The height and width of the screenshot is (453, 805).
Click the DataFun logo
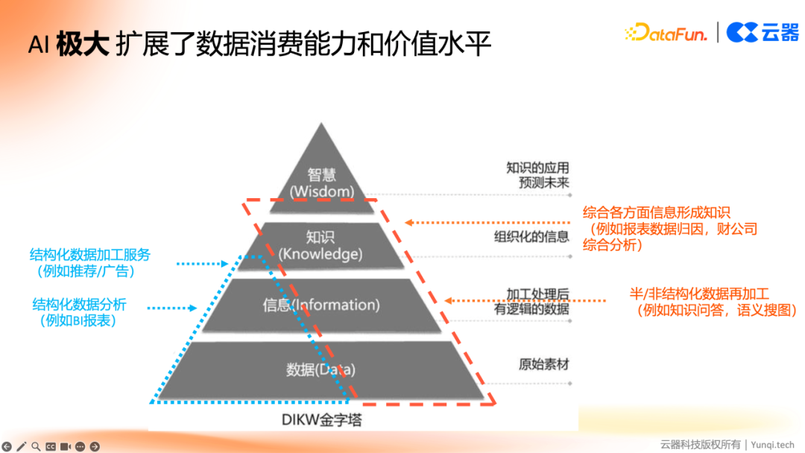pos(666,32)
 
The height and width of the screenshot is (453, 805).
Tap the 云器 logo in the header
pos(762,32)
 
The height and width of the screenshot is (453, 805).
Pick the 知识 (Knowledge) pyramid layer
pos(321,245)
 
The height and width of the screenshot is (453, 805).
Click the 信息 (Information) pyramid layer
pos(321,305)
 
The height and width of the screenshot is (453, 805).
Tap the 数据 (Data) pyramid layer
pos(321,370)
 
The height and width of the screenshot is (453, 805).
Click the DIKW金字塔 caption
pos(322,420)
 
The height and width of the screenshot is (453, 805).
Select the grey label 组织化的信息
pos(531,237)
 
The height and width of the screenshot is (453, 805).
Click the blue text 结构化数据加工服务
pos(89,255)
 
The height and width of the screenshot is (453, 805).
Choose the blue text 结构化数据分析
pos(79,304)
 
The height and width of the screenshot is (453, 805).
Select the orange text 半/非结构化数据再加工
pos(698,294)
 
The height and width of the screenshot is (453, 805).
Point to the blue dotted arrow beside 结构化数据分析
pos(171,308)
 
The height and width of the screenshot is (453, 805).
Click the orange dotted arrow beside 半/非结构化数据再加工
pos(526,301)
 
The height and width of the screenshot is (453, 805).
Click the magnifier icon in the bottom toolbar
pos(36,446)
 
